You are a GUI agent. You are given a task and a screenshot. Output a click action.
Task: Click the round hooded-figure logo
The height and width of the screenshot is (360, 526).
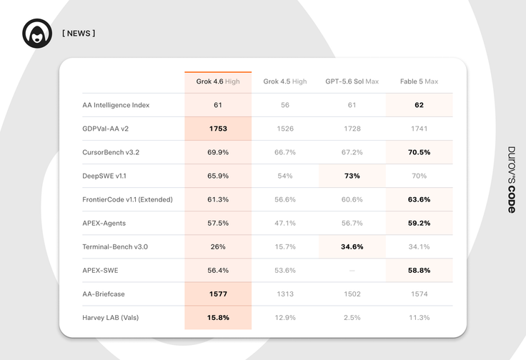pyautogui.click(x=37, y=33)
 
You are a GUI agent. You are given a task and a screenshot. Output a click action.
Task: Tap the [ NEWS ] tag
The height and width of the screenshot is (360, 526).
pyautogui.click(x=79, y=33)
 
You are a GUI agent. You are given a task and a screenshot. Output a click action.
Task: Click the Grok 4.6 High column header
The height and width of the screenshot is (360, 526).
pyautogui.click(x=218, y=81)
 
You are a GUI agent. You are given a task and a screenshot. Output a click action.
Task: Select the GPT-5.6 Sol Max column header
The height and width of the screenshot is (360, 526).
pyautogui.click(x=352, y=81)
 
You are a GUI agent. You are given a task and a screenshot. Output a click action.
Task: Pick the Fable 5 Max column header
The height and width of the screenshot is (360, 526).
pyautogui.click(x=419, y=81)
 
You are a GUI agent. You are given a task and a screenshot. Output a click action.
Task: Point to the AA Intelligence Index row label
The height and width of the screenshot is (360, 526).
pyautogui.click(x=116, y=105)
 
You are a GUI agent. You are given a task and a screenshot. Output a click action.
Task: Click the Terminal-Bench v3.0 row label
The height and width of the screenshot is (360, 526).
pyautogui.click(x=115, y=246)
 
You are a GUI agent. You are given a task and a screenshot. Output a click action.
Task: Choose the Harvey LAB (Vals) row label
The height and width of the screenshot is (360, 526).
pyautogui.click(x=110, y=317)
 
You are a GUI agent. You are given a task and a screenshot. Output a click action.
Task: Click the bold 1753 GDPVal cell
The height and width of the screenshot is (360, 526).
pyautogui.click(x=218, y=129)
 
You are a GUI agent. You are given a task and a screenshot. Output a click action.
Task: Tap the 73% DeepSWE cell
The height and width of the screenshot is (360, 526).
pyautogui.click(x=352, y=176)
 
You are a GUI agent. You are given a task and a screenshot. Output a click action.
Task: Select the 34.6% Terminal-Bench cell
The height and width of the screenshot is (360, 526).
pyautogui.click(x=352, y=246)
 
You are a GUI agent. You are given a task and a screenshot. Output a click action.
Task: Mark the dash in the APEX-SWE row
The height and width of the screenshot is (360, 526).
pyautogui.click(x=352, y=271)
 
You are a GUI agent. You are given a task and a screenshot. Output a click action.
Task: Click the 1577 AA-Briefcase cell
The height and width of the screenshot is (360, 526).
pyautogui.click(x=218, y=294)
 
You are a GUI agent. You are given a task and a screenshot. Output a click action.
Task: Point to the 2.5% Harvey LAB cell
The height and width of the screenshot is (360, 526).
pyautogui.click(x=352, y=317)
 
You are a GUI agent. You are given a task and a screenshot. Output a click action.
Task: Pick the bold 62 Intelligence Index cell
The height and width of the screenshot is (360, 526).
pyautogui.click(x=419, y=105)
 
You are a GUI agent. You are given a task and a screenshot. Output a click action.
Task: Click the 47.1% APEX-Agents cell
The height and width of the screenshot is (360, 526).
pyautogui.click(x=285, y=224)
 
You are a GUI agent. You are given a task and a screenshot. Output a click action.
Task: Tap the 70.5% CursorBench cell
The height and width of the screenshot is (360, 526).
pyautogui.click(x=419, y=152)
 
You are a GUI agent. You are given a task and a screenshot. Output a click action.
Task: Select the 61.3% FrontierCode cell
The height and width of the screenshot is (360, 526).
pyautogui.click(x=218, y=199)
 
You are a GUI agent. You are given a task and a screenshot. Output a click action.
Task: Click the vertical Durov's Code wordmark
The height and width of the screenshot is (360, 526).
pyautogui.click(x=512, y=180)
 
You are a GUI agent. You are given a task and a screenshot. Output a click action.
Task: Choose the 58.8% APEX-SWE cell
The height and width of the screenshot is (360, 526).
pyautogui.click(x=419, y=271)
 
